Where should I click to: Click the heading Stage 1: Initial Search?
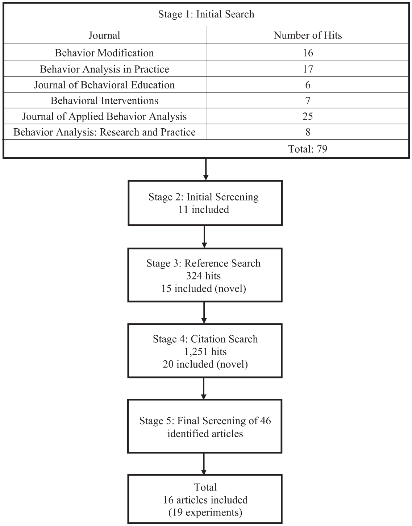point(206,14)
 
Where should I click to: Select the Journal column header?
point(104,35)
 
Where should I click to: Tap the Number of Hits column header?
point(308,35)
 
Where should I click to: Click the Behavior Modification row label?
point(104,53)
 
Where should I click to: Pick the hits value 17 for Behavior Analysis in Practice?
point(308,69)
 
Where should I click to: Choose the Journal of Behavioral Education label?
point(104,85)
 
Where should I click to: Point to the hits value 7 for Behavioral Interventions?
point(308,100)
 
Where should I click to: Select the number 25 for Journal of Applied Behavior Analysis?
point(308,116)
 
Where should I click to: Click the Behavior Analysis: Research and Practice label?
point(104,132)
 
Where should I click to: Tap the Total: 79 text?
point(308,149)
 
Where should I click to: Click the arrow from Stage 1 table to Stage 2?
point(205,169)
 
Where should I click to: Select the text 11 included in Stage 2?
point(204,210)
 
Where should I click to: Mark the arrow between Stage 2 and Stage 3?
point(204,237)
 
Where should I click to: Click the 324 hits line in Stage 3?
point(203,276)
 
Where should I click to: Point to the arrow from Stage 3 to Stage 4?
point(204,313)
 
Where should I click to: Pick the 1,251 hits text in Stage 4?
point(205,352)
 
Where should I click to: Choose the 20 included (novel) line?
point(205,364)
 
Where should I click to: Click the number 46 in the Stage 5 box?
point(265,421)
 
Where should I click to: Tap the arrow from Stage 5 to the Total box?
point(204,464)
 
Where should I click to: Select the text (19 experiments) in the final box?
point(205,513)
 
